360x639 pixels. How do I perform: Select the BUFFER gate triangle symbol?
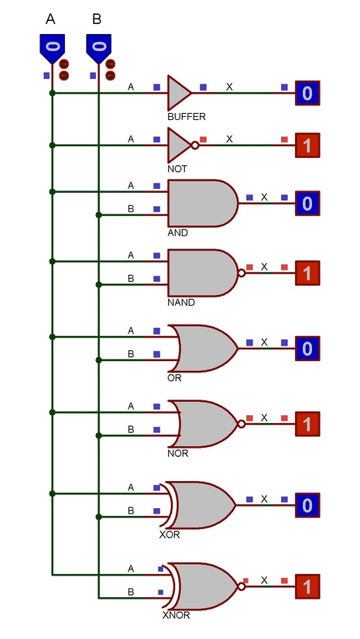[x=178, y=92]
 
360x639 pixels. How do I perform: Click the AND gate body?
[x=200, y=204]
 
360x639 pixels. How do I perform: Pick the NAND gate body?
[x=200, y=273]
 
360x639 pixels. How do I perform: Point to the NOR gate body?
[x=204, y=423]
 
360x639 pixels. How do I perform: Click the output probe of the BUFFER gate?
[x=307, y=94]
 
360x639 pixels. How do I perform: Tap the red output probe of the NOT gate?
[x=307, y=145]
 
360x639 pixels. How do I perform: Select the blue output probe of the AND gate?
[x=307, y=204]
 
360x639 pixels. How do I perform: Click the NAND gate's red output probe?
[x=307, y=273]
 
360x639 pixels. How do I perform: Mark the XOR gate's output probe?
[x=307, y=505]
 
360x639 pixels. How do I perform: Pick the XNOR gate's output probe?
[x=307, y=586]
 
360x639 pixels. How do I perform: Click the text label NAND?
[x=181, y=303]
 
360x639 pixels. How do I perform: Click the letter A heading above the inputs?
[x=51, y=18]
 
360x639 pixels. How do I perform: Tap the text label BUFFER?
[x=186, y=116]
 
